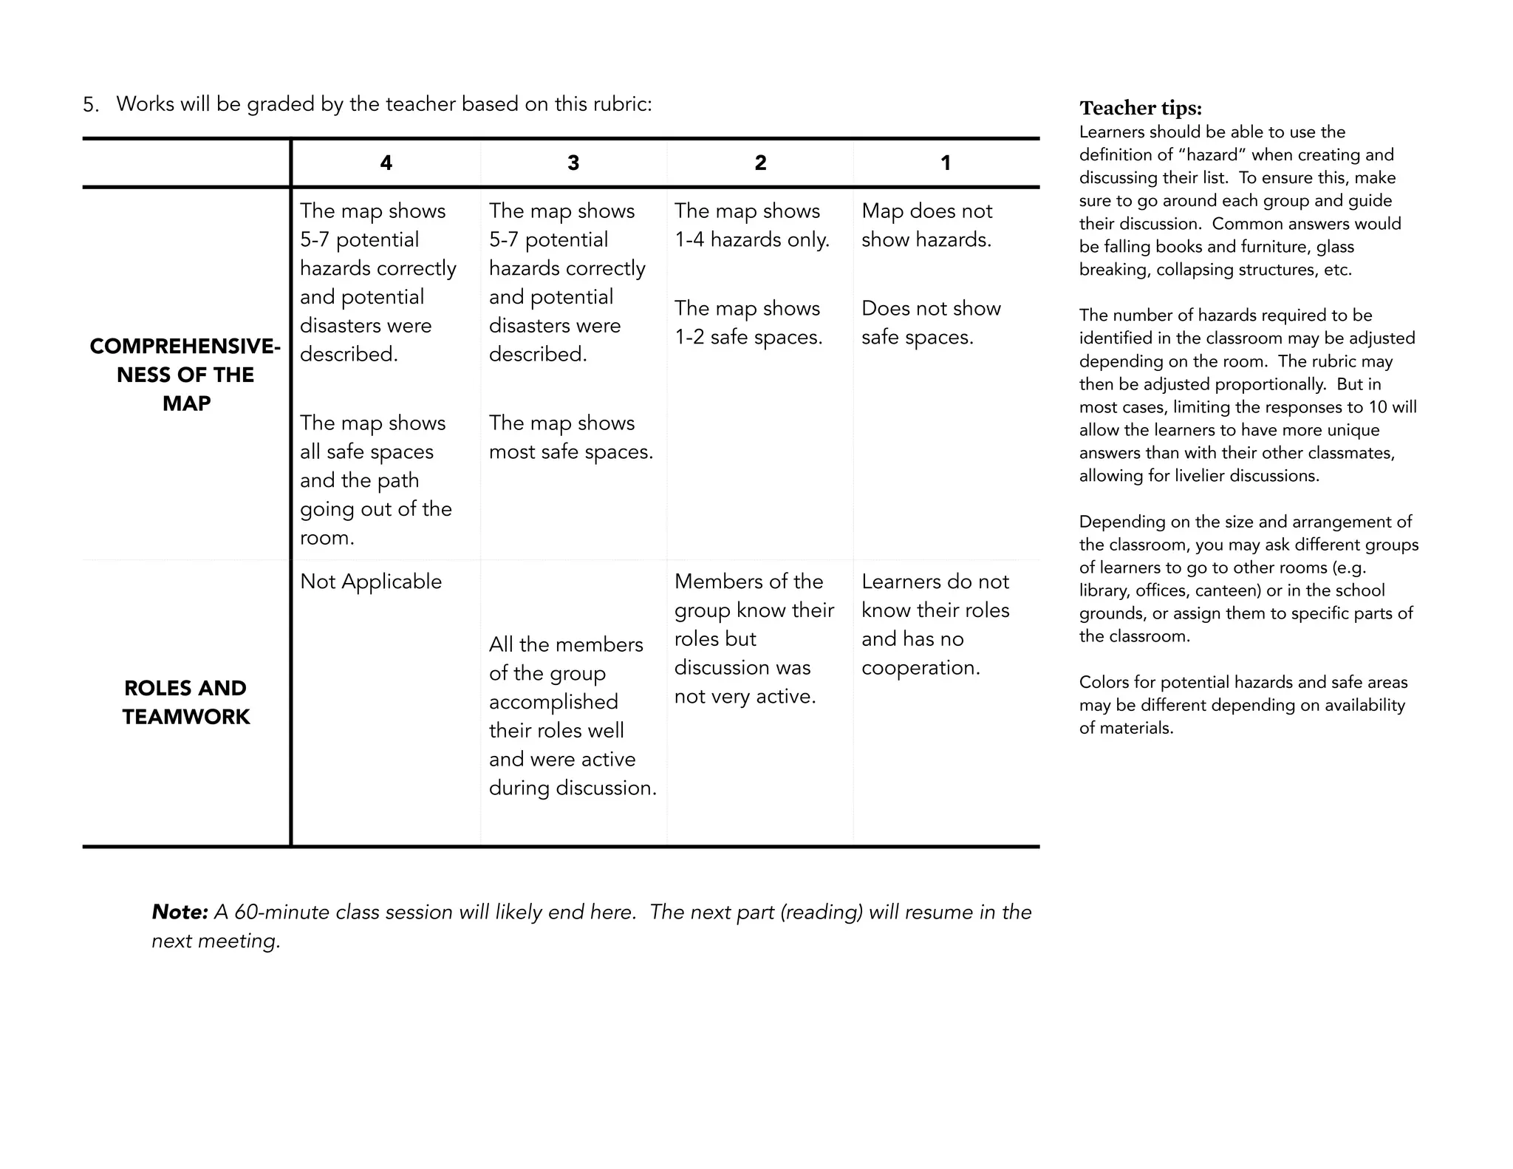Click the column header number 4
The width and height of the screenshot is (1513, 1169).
pyautogui.click(x=386, y=163)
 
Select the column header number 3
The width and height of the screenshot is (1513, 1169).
pyautogui.click(x=573, y=163)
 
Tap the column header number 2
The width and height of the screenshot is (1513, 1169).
pyautogui.click(x=760, y=163)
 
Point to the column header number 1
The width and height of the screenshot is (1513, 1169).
pyautogui.click(x=946, y=163)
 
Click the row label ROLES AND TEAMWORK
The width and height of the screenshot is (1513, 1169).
pyautogui.click(x=185, y=702)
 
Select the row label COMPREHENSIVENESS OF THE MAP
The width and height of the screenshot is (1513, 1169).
pyautogui.click(x=185, y=375)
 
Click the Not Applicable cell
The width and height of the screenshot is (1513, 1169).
pyautogui.click(x=371, y=582)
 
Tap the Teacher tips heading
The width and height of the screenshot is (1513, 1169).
pyautogui.click(x=1141, y=109)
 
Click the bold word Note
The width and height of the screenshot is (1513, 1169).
pyautogui.click(x=180, y=912)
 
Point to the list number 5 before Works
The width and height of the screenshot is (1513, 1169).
pyautogui.click(x=89, y=105)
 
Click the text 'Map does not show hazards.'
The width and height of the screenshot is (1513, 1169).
pyautogui.click(x=926, y=225)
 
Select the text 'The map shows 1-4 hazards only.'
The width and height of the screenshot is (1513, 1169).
pyautogui.click(x=751, y=225)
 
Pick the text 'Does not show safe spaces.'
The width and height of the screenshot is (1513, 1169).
pyautogui.click(x=930, y=323)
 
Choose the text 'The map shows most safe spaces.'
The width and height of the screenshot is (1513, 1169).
pyautogui.click(x=570, y=437)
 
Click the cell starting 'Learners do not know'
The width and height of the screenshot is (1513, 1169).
pyautogui.click(x=935, y=624)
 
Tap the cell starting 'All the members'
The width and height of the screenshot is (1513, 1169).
pyautogui.click(x=572, y=716)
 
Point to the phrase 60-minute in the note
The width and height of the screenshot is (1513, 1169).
pyautogui.click(x=281, y=913)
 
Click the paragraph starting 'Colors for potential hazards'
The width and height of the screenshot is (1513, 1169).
pyautogui.click(x=1243, y=705)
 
